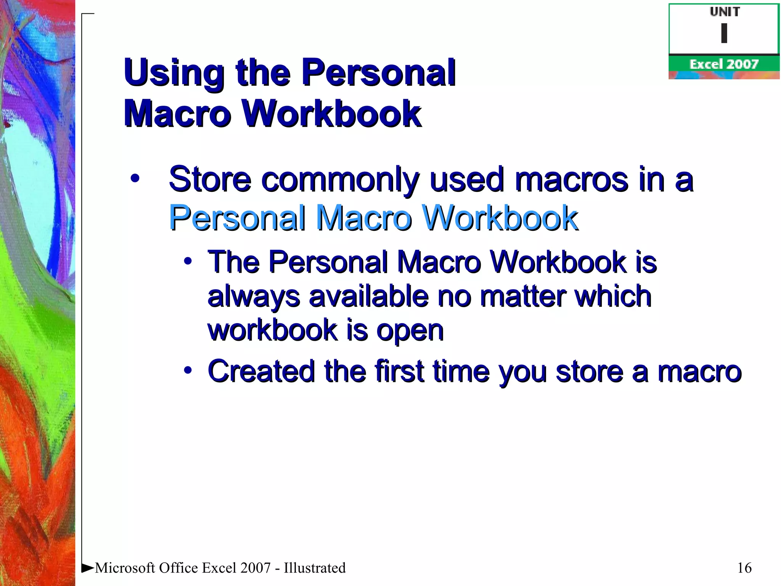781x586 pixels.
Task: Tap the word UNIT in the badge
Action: [725, 12]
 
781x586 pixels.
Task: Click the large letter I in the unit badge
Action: [724, 33]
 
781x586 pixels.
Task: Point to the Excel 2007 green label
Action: [723, 64]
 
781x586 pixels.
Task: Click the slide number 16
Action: [744, 568]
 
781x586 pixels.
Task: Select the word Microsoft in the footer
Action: [125, 568]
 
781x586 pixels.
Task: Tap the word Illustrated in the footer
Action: [315, 568]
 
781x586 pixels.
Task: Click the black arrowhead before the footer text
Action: [87, 568]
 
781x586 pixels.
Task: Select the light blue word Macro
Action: [364, 217]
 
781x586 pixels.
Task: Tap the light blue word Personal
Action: [237, 217]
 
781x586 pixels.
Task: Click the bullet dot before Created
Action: [188, 370]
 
